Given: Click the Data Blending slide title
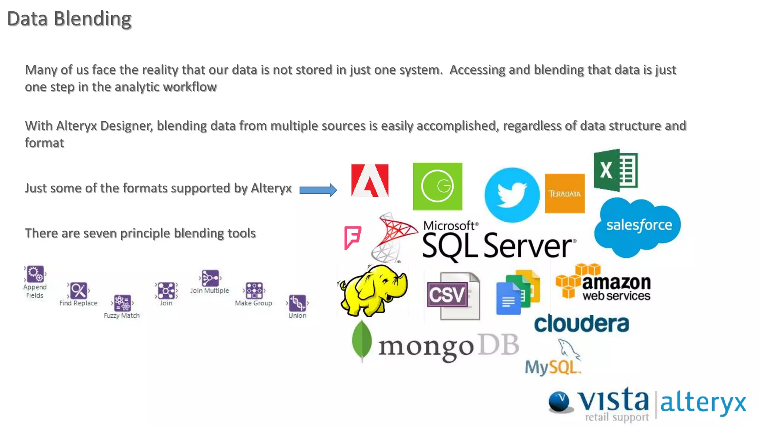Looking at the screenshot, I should pyautogui.click(x=69, y=19).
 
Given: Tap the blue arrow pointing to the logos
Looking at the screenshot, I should pyautogui.click(x=318, y=190).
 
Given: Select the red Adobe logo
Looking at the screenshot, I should pyautogui.click(x=369, y=181).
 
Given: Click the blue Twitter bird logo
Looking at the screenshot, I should pyautogui.click(x=512, y=195).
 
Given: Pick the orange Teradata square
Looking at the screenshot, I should pyautogui.click(x=564, y=193).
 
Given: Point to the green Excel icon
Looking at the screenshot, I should pyautogui.click(x=616, y=170).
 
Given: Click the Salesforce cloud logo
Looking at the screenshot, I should pyautogui.click(x=638, y=226).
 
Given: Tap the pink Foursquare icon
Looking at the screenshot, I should pyautogui.click(x=352, y=237).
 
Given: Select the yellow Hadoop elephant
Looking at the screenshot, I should pyautogui.click(x=373, y=290).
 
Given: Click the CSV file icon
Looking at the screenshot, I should pyautogui.click(x=453, y=296).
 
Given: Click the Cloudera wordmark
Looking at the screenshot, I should pyautogui.click(x=581, y=324).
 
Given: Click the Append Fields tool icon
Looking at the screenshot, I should pyautogui.click(x=35, y=274).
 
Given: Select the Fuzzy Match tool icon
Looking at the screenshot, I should pyautogui.click(x=122, y=303).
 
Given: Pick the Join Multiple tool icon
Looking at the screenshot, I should pyautogui.click(x=210, y=278).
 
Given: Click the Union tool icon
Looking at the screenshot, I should pyautogui.click(x=297, y=303).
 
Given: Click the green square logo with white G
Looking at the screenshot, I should pyautogui.click(x=437, y=186).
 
